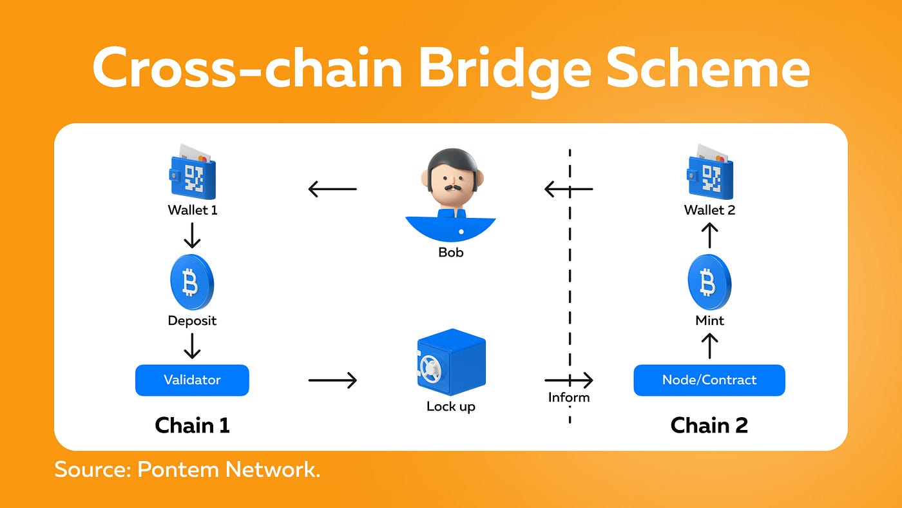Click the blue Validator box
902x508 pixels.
tap(192, 380)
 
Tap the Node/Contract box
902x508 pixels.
tap(709, 380)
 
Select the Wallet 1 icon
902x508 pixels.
tap(191, 174)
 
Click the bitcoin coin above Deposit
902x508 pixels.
tap(191, 283)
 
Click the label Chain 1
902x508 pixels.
tap(192, 425)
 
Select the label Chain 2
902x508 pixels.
tap(709, 425)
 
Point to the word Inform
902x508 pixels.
tap(569, 397)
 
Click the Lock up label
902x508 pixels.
tap(450, 406)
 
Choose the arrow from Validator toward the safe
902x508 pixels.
tap(332, 380)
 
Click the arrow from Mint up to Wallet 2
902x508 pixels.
tap(709, 235)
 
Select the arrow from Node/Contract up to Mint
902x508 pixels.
tap(709, 346)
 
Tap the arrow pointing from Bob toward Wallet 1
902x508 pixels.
tap(332, 189)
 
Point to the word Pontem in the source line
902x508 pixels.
tap(178, 469)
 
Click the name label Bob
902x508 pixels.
tap(450, 252)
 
